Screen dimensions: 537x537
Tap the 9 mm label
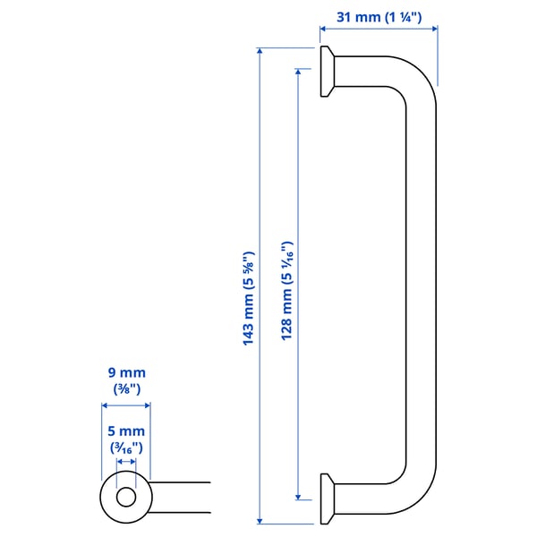point(125,372)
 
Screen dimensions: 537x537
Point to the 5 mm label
point(125,430)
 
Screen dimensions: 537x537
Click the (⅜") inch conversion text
point(125,389)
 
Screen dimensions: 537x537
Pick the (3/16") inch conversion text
point(125,447)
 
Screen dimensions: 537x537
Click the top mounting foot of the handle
point(328,72)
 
